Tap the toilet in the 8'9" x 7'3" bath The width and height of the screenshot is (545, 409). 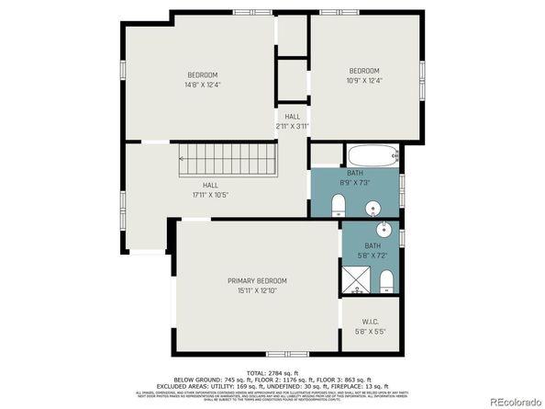[337, 202]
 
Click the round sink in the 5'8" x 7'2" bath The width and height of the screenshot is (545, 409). [384, 230]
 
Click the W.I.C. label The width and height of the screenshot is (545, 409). [370, 322]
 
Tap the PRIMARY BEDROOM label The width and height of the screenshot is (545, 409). [257, 280]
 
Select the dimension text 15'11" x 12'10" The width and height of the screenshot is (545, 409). [257, 290]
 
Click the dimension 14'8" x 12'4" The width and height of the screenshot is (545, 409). [202, 85]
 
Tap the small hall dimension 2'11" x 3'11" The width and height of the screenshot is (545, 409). [293, 126]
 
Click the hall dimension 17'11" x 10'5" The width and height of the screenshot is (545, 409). [210, 196]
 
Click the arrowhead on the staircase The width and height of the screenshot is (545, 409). [183, 159]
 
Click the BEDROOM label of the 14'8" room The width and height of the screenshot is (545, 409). [202, 74]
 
